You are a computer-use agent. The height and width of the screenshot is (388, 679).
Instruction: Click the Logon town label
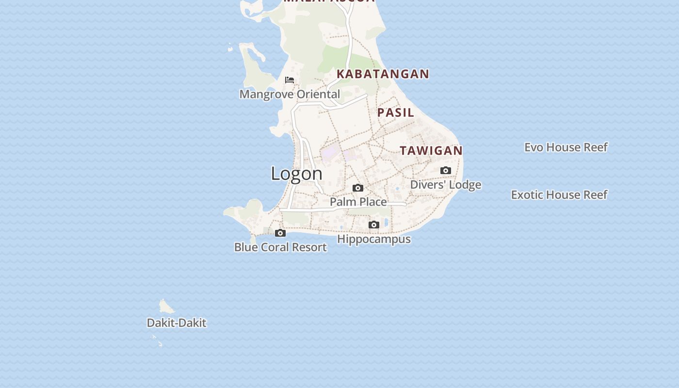[x=296, y=174]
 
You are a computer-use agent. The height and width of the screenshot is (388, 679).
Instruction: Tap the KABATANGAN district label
[x=383, y=74]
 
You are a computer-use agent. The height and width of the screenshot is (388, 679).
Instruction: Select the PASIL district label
[x=396, y=113]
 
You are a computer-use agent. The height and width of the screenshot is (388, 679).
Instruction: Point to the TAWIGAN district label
[x=431, y=151]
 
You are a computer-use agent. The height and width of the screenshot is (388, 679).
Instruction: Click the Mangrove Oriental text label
[x=290, y=94]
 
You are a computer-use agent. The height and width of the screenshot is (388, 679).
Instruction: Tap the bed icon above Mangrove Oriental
[x=290, y=80]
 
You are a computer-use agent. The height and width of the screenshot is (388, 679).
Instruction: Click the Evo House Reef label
[x=566, y=147]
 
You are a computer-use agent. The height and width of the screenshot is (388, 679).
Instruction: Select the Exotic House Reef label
[x=559, y=194]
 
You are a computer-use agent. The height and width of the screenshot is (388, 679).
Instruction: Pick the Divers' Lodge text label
[x=446, y=185]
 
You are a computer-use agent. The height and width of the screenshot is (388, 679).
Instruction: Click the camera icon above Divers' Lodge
[x=446, y=170]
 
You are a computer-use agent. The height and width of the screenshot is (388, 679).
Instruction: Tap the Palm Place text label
[x=358, y=202]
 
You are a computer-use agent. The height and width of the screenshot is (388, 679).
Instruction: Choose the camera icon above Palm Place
[x=358, y=188]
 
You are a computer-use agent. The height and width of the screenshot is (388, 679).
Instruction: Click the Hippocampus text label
[x=374, y=239]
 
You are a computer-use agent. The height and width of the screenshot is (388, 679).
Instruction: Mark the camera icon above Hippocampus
[x=373, y=225]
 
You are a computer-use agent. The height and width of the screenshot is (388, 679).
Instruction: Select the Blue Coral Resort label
[x=280, y=247]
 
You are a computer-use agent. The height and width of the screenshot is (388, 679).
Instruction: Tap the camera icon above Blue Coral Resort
[x=280, y=233]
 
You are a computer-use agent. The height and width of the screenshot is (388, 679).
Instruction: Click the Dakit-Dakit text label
[x=177, y=323]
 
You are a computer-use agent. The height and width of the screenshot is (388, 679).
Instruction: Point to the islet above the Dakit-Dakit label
[x=166, y=307]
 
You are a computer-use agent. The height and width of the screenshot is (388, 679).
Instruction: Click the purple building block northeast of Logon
[x=330, y=152]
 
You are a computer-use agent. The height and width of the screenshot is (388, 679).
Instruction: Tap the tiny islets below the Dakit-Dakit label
[x=157, y=340]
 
